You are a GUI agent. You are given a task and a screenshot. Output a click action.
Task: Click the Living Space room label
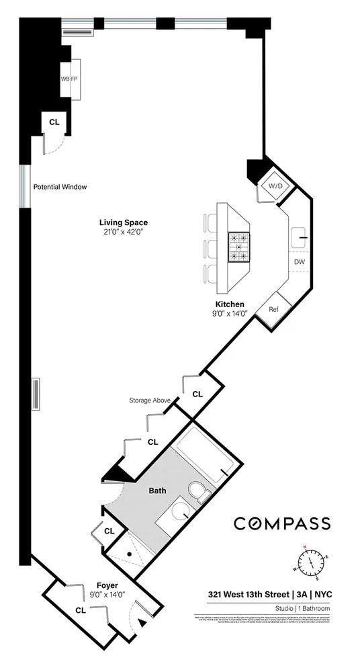pos(123,223)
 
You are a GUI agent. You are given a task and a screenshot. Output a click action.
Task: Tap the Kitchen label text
pos(230,304)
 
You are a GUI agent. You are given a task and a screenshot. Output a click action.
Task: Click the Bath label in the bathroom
pos(158,491)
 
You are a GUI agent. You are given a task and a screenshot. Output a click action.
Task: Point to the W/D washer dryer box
pos(275,185)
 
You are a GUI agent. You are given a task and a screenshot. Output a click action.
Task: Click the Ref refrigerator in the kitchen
pos(275,310)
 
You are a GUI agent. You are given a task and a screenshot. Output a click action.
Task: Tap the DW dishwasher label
pos(299,261)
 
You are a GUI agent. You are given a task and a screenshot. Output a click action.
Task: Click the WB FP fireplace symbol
pos(70,79)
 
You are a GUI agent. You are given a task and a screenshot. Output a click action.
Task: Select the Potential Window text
pos(60,187)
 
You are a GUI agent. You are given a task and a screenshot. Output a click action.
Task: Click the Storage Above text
pos(148,401)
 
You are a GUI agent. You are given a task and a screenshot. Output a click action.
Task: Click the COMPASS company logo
pos(281,523)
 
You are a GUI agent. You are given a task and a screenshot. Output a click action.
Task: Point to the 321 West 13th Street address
pos(245,593)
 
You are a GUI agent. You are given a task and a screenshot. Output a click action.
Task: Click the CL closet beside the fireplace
pos(54,122)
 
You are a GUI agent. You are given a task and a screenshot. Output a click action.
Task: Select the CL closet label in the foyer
pos(80,610)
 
